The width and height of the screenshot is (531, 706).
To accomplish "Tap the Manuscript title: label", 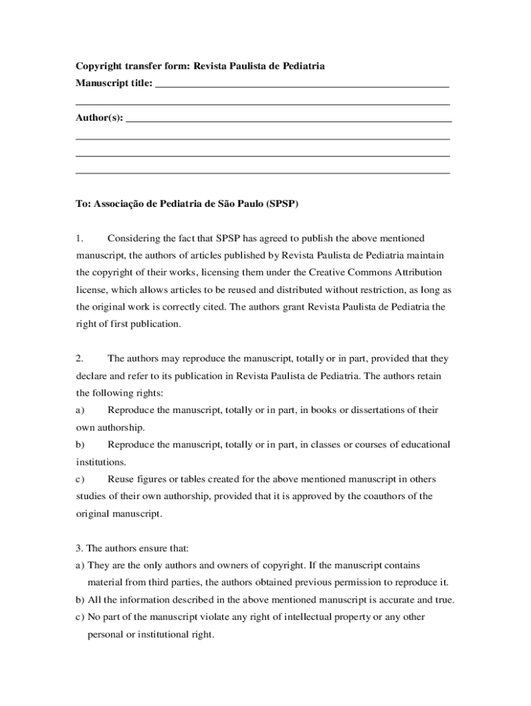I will (114, 83).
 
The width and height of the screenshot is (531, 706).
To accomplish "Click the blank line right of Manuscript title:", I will (303, 87).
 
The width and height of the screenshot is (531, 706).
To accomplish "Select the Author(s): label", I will (99, 118).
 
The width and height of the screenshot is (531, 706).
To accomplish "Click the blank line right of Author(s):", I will (289, 121).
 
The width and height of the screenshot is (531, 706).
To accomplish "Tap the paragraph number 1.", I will (79, 239).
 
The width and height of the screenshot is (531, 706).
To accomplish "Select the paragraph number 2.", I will (79, 359).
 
